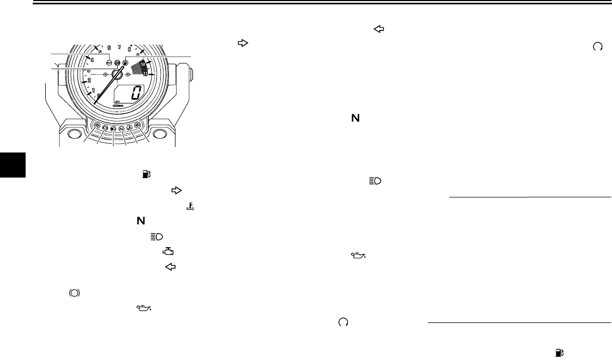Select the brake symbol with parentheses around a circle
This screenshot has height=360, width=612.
74,292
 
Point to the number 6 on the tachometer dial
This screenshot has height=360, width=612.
109,47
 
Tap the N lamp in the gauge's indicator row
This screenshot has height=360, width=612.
122,129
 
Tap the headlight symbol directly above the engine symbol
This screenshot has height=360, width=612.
156,236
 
